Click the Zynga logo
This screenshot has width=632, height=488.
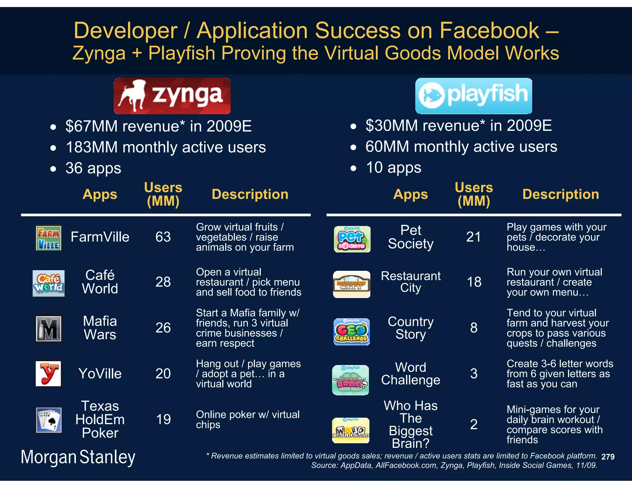tap(172, 96)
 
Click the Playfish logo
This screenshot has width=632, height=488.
tap(473, 96)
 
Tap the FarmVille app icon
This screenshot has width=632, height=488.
tap(48, 237)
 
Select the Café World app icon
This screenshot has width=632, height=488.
tap(48, 283)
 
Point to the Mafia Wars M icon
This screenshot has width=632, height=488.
tap(48, 329)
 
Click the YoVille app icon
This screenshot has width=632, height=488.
tap(48, 374)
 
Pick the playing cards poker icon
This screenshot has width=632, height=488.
tap(48, 420)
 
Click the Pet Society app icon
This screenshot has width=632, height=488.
tap(352, 239)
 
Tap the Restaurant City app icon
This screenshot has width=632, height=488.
tap(351, 284)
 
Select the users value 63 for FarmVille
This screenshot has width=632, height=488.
tap(163, 237)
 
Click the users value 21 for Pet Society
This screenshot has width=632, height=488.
tap(473, 237)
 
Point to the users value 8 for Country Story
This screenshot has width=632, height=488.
tap(474, 328)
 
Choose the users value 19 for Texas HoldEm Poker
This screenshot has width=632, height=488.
tap(163, 420)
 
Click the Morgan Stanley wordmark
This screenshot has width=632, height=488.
tap(78, 457)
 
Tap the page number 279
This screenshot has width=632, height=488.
tap(608, 457)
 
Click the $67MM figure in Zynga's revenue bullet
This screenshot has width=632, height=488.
tap(91, 126)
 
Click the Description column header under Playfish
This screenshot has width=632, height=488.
tap(560, 194)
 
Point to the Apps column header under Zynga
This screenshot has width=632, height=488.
tap(100, 194)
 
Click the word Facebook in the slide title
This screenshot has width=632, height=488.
tap(489, 31)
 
